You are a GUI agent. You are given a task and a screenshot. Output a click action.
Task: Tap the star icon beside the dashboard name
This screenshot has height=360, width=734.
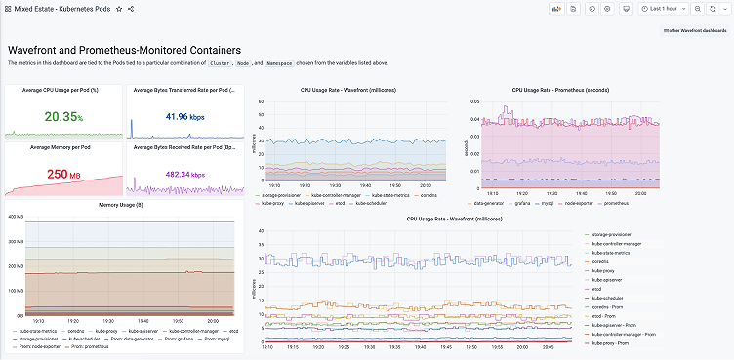[119, 8]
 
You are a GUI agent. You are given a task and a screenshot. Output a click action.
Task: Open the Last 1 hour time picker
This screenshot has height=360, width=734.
[664, 8]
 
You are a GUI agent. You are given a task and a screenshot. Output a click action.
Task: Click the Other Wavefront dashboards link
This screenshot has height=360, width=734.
[694, 31]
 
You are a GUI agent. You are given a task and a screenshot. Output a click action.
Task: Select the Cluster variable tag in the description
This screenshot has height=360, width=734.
[221, 62]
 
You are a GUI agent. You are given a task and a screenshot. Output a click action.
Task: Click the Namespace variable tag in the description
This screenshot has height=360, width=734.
[282, 62]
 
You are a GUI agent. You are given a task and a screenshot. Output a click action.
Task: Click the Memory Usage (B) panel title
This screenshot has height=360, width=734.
[122, 205]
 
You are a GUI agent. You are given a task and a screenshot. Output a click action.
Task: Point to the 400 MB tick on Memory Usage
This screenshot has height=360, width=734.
[15, 217]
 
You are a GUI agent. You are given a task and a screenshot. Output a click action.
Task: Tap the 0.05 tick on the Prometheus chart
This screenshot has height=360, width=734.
[473, 101]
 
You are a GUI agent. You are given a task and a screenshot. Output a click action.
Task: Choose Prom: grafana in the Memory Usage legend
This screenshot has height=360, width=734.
[175, 339]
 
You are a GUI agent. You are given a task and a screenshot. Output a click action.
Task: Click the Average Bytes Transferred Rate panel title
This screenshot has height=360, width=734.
[183, 90]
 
